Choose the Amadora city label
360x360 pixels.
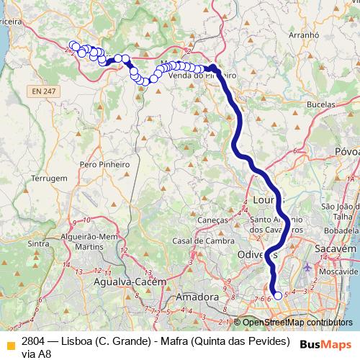click(x=197, y=297)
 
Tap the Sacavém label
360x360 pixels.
click(x=336, y=249)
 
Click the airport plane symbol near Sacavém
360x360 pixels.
click(x=308, y=268)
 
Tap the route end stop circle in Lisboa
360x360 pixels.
click(x=278, y=296)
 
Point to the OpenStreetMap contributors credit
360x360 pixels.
click(x=293, y=323)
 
